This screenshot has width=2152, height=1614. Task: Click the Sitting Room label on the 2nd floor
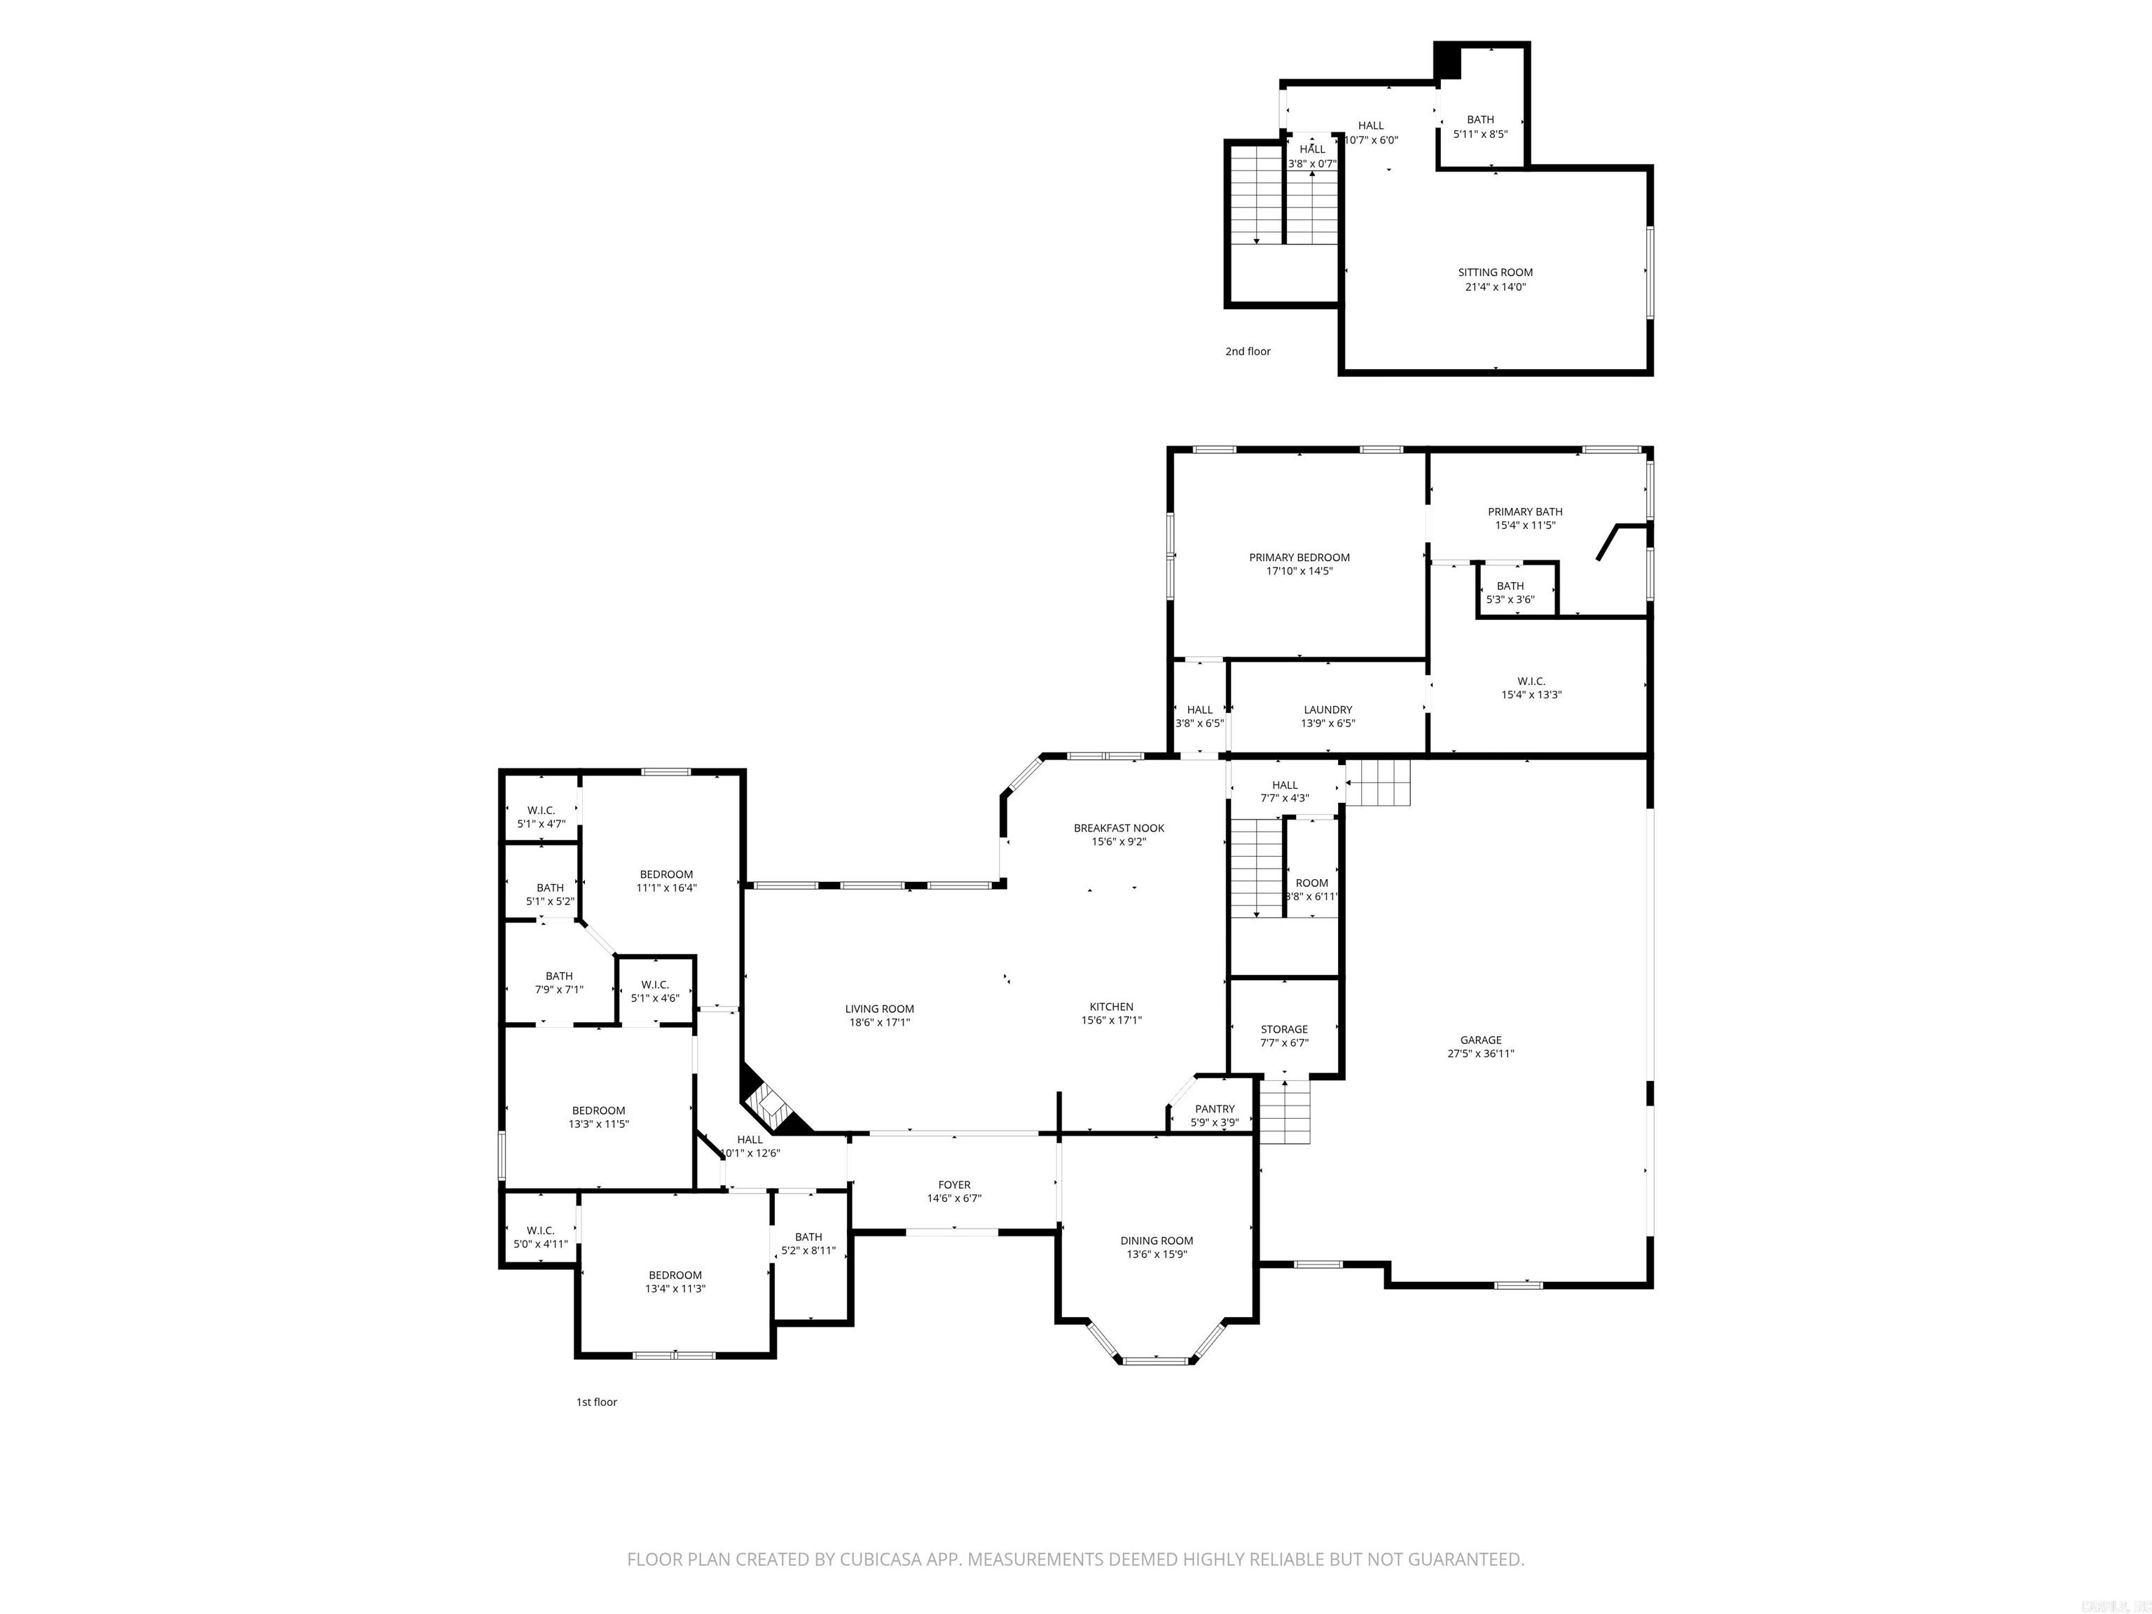pos(1496,273)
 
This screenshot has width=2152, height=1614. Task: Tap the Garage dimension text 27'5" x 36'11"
pos(1481,1054)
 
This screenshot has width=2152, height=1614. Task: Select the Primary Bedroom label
pos(1299,558)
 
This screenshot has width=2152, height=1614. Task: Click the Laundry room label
pos(1328,710)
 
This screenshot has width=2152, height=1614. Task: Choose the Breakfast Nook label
pos(1119,828)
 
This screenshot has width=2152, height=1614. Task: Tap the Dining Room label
pos(1156,1241)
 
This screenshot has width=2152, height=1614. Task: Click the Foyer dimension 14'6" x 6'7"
pos(954,1199)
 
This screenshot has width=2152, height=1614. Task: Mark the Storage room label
pos(1284,1029)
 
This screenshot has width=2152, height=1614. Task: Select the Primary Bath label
pos(1524,512)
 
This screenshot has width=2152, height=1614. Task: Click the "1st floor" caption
pos(596,1402)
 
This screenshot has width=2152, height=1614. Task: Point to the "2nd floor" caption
pos(1247,351)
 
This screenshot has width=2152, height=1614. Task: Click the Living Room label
pos(879,1009)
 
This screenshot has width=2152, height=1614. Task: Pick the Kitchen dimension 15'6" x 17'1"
pos(1111,1021)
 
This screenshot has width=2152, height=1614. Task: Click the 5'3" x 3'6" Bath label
pos(1510,586)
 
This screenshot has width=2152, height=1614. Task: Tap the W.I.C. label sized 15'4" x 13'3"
pos(1531,681)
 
